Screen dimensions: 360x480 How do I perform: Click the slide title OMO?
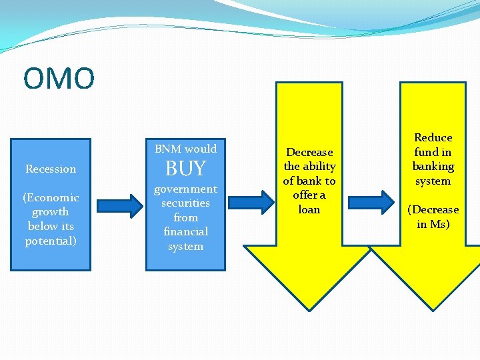tap(59, 79)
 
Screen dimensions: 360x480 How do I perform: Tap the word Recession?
tap(51, 169)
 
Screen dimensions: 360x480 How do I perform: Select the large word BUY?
tap(185, 169)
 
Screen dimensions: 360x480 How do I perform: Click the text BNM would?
tap(185, 149)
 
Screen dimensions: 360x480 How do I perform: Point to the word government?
tap(185, 189)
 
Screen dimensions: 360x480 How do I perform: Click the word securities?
tap(185, 203)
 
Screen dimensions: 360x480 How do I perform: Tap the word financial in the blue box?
tap(185, 232)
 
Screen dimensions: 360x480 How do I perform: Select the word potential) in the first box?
tap(51, 241)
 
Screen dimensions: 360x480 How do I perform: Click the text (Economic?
tap(51, 198)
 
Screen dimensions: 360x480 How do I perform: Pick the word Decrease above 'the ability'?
tap(309, 153)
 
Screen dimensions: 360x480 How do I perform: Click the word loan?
tap(309, 209)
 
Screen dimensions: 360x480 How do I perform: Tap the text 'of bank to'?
tap(309, 181)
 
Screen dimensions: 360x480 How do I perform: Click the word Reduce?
tap(433, 138)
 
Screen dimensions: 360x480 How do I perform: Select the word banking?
tap(433, 167)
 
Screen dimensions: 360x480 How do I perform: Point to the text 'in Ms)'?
tap(433, 224)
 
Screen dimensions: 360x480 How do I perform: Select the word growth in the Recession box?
tap(51, 212)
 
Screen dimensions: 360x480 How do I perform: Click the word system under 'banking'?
tap(433, 181)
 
